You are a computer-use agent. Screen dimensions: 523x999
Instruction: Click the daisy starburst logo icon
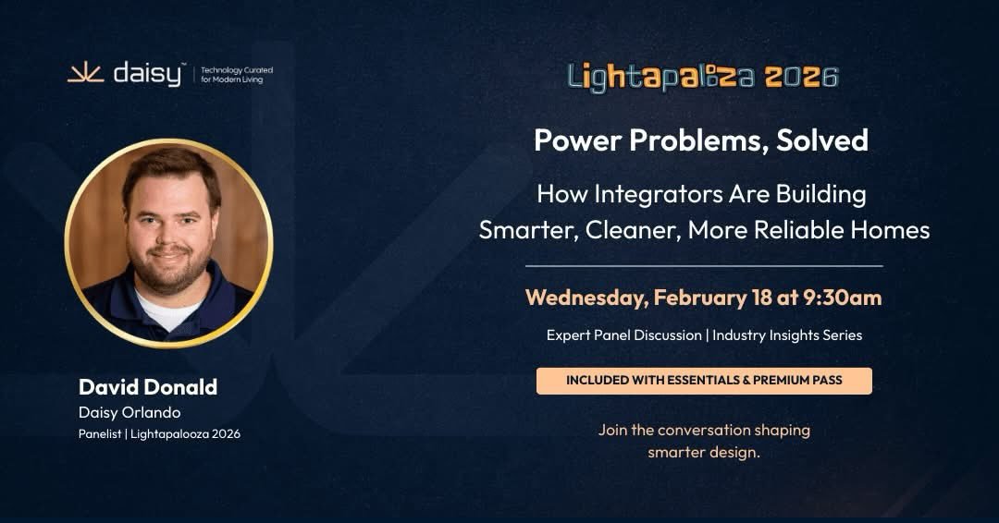click(x=85, y=74)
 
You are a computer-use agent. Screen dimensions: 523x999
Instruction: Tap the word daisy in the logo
click(x=147, y=74)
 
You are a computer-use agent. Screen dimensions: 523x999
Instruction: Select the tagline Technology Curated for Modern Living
click(x=237, y=75)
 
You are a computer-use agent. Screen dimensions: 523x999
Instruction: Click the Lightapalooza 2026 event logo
click(x=703, y=77)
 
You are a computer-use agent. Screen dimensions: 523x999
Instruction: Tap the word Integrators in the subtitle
click(x=647, y=195)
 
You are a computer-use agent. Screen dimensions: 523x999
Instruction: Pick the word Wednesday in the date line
click(x=586, y=298)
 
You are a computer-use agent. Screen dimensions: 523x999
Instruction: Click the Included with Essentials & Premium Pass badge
click(x=704, y=381)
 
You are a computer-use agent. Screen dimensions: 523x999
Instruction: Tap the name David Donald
click(x=148, y=386)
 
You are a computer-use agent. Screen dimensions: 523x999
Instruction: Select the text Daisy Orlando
click(x=129, y=412)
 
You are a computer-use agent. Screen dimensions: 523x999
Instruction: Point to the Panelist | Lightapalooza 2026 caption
click(x=159, y=434)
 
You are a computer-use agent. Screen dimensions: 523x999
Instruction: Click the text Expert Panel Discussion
click(x=623, y=335)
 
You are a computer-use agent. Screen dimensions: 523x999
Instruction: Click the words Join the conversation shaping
click(x=704, y=430)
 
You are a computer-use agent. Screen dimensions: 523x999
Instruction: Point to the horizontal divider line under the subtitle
click(x=704, y=266)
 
